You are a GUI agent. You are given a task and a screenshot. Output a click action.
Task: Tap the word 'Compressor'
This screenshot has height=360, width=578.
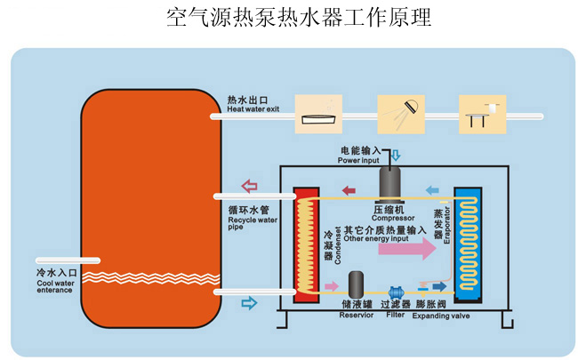pos(390,217)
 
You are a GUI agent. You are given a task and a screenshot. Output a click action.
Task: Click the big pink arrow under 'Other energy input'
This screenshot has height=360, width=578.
pos(406,248)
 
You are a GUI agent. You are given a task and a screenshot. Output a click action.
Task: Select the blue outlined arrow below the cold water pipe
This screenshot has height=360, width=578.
pos(250,304)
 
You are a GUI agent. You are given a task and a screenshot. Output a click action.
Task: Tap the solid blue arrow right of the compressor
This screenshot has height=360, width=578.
pos(432,189)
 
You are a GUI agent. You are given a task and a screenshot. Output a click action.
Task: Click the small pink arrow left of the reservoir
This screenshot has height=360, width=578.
pos(331,286)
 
